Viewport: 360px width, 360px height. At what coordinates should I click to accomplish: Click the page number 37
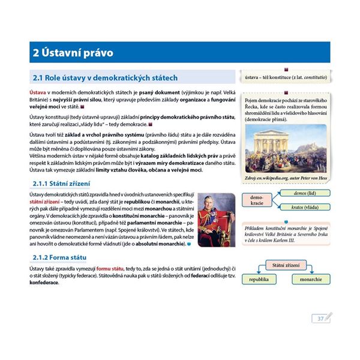point(320,318)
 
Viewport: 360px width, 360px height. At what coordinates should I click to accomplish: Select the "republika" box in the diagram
point(259,280)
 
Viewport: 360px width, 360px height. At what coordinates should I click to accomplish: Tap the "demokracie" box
point(257,200)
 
